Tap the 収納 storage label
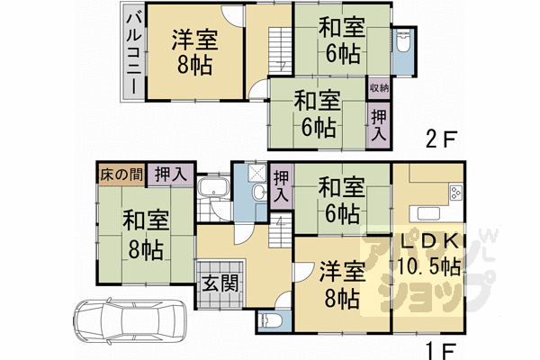click(x=379, y=88)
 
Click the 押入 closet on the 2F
click(x=379, y=123)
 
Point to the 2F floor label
click(x=443, y=140)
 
